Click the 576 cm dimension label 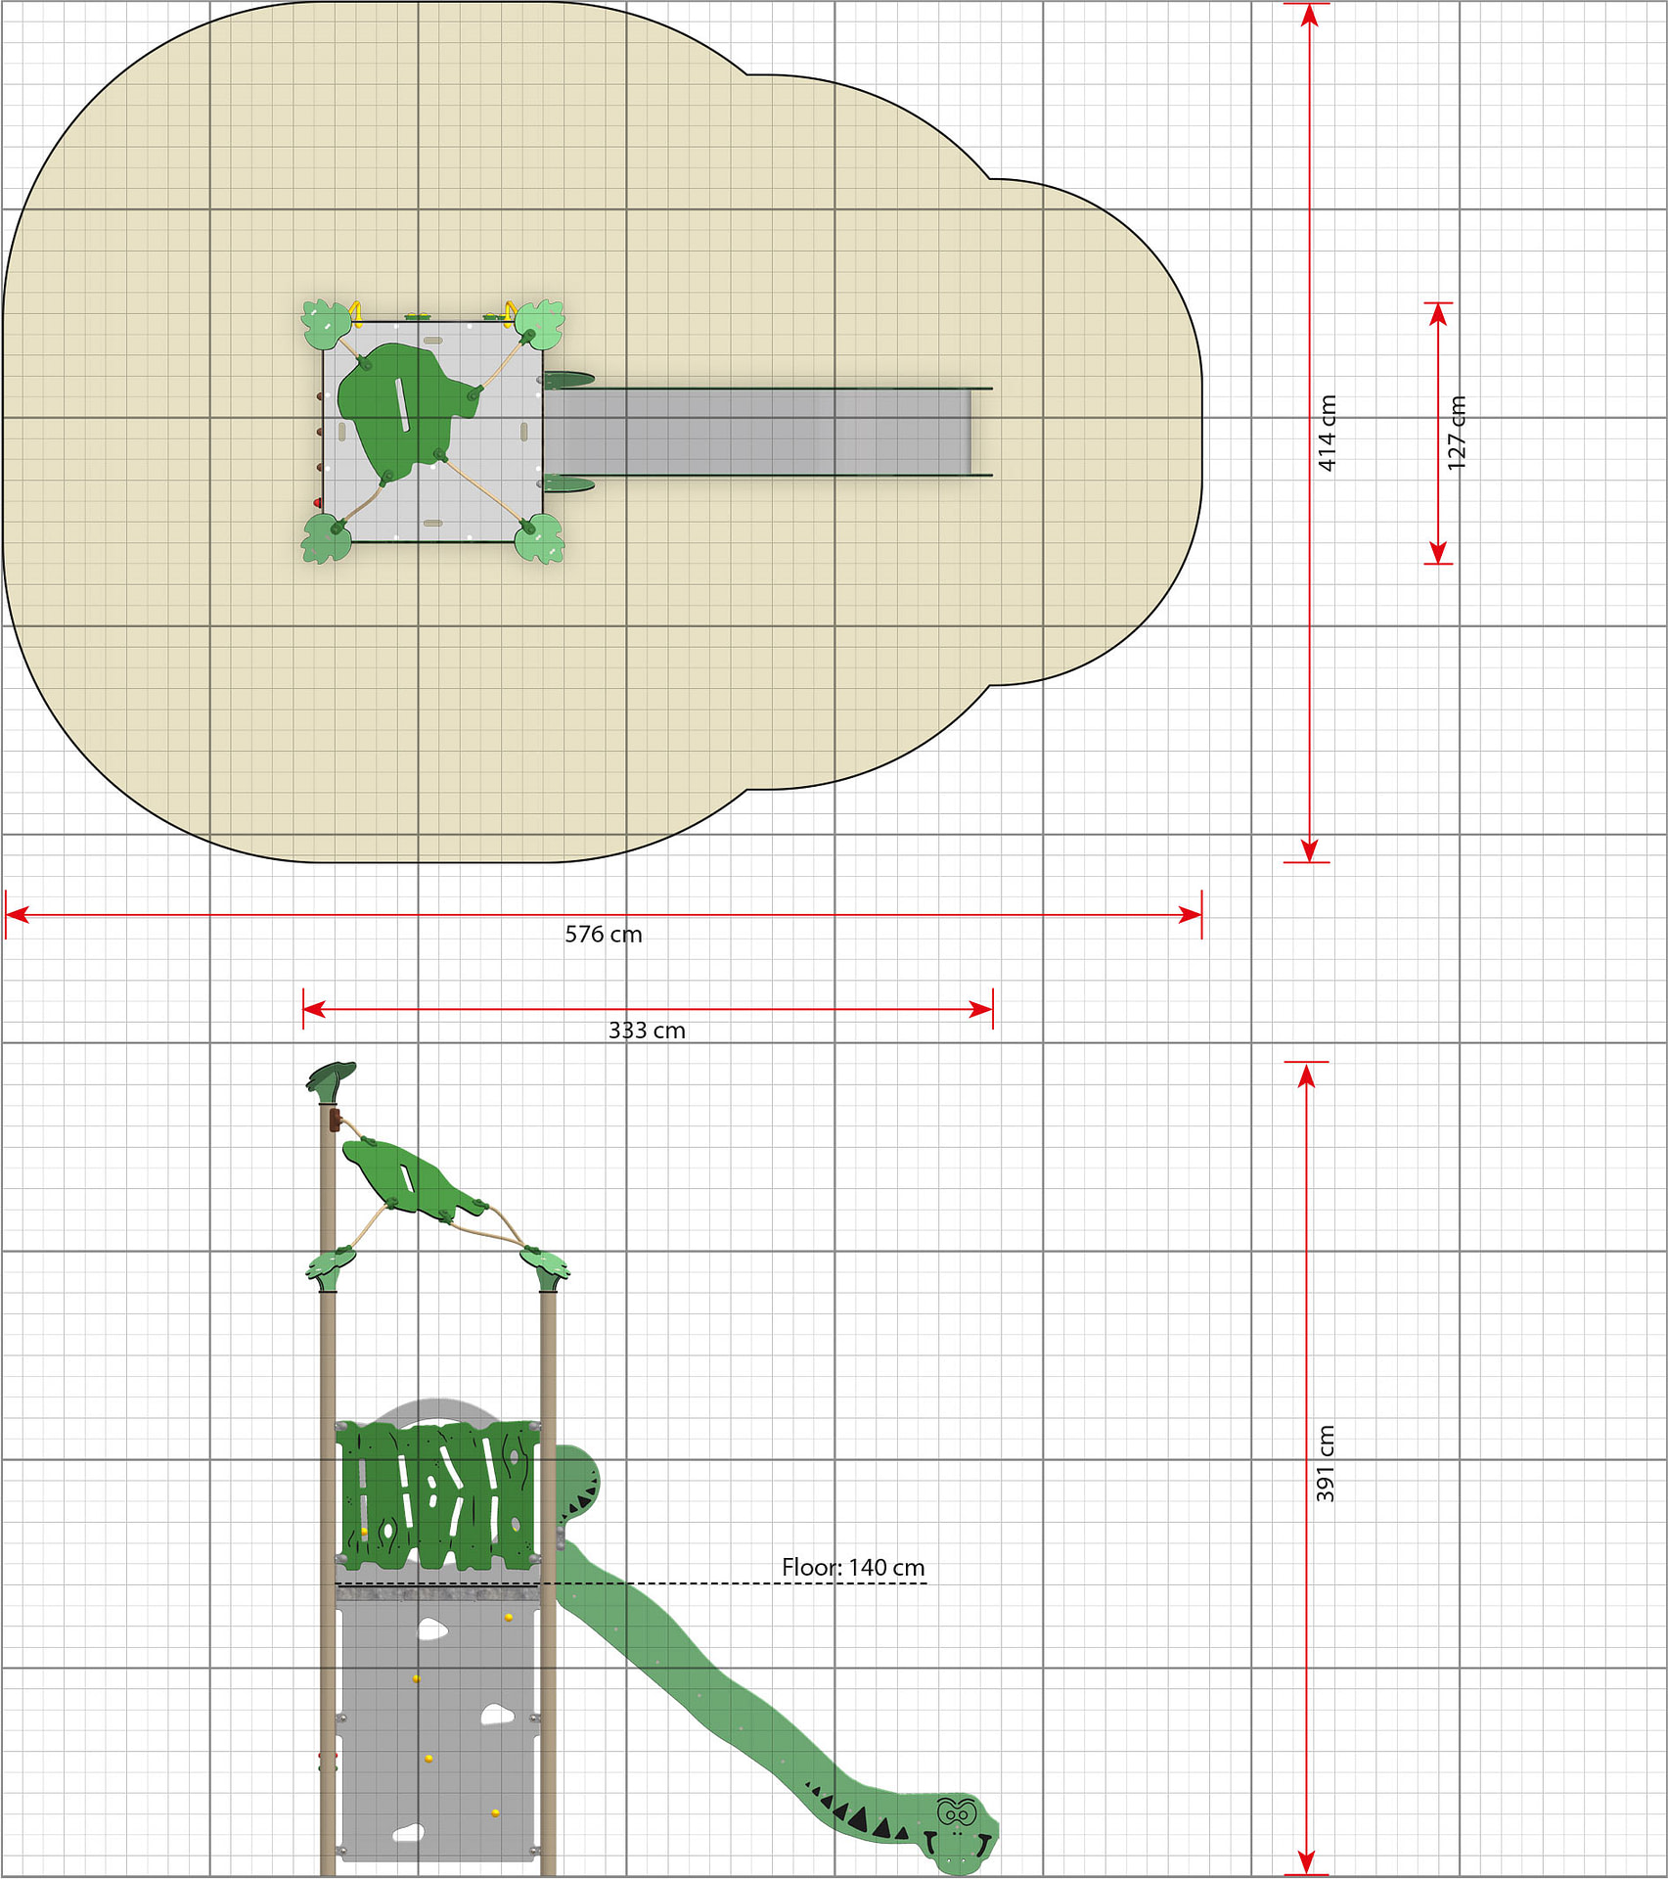click(x=604, y=935)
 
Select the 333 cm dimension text click(x=647, y=1031)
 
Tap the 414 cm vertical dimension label click(x=1327, y=434)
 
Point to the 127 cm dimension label click(x=1457, y=433)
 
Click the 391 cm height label click(x=1325, y=1464)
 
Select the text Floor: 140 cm click(x=853, y=1567)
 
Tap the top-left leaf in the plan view click(x=327, y=325)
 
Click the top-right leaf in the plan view click(x=539, y=324)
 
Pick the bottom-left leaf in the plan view click(x=327, y=538)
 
